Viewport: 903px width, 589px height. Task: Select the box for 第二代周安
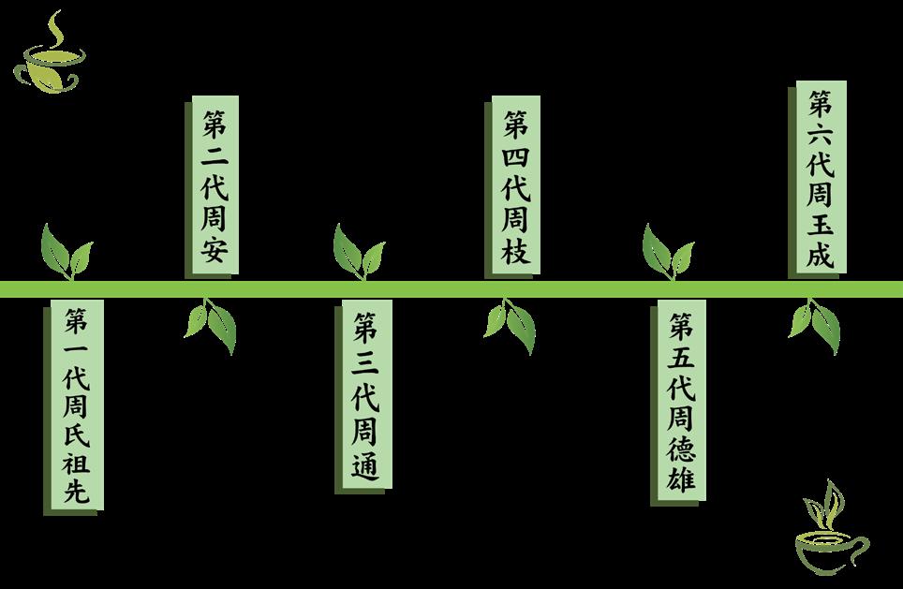(x=215, y=186)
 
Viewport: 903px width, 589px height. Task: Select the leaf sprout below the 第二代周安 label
(x=212, y=324)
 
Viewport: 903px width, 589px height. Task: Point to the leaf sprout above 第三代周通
(x=359, y=251)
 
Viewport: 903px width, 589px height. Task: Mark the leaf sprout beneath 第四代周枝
(x=511, y=324)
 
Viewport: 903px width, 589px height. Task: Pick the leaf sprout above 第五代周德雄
(x=668, y=251)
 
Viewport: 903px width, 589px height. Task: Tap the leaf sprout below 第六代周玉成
(x=816, y=324)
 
